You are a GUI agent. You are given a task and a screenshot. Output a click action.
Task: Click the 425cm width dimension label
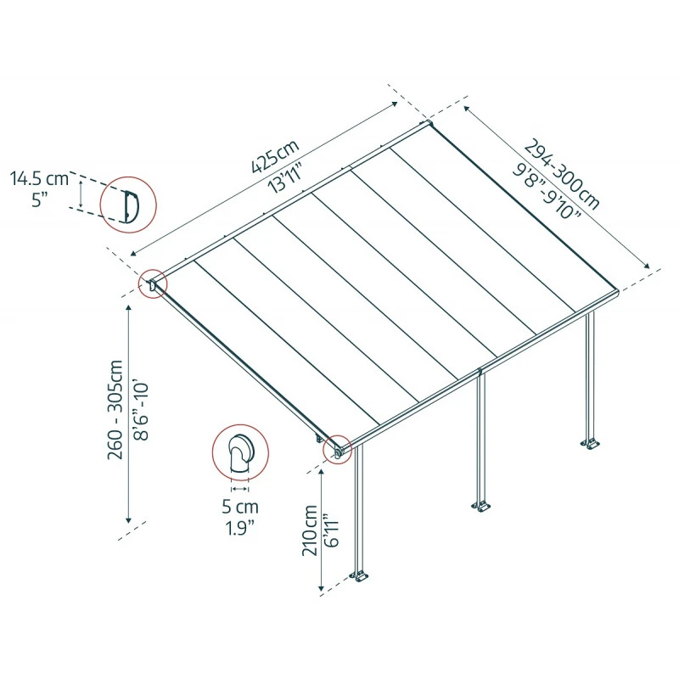[x=274, y=157]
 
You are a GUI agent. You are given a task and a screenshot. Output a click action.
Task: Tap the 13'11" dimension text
[x=287, y=178]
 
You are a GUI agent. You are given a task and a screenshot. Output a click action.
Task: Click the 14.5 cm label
[x=39, y=178]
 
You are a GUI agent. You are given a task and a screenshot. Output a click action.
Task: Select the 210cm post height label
[x=311, y=530]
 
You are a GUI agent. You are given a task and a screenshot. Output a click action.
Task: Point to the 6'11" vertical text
[x=333, y=530]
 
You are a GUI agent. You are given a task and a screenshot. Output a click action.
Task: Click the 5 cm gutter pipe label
[x=241, y=507]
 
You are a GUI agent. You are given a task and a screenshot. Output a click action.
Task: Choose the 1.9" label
[x=241, y=529]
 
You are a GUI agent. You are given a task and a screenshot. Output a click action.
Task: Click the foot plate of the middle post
[x=481, y=507]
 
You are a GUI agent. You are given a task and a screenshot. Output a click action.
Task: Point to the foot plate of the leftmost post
[x=362, y=577]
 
